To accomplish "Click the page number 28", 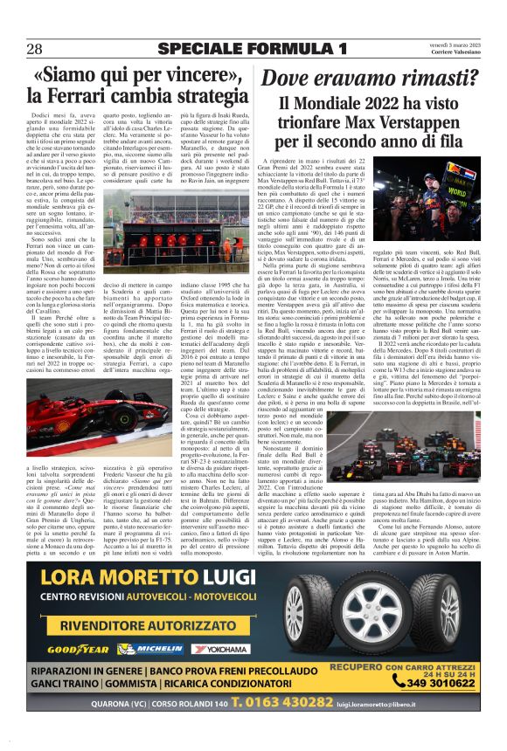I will tap(35, 47).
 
